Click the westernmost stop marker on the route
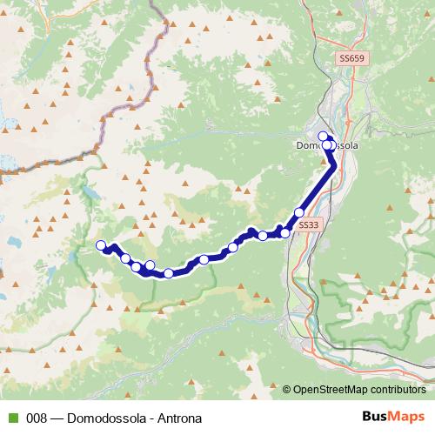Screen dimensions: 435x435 (x=101, y=245)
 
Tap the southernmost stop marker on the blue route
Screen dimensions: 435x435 (x=168, y=274)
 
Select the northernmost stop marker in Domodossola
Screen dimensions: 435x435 (x=323, y=136)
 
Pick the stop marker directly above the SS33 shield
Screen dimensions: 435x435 (x=300, y=212)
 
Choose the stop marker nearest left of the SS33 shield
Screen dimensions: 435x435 (x=284, y=233)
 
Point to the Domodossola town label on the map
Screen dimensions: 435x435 (x=327, y=146)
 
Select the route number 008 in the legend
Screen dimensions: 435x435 (x=36, y=417)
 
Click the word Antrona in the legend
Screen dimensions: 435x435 (x=181, y=417)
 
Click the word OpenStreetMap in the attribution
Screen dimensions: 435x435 (x=330, y=390)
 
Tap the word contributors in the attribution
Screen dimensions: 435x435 (x=396, y=390)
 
